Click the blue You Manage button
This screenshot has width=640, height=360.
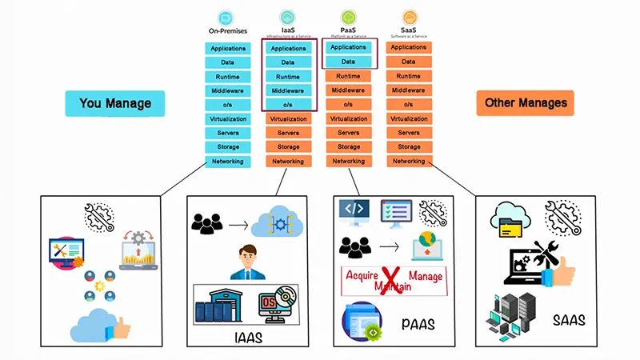[x=114, y=103]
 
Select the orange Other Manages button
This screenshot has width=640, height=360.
[x=526, y=103]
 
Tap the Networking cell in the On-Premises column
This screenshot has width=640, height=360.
[x=228, y=162]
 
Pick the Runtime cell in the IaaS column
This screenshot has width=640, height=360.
[x=288, y=77]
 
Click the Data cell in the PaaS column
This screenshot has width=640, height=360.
[x=349, y=62]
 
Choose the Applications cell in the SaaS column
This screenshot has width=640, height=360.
[x=409, y=48]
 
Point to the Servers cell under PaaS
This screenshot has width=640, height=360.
[x=349, y=133]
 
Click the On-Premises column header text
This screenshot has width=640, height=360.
[x=228, y=31]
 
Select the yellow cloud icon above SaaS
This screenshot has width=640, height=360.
[x=409, y=16]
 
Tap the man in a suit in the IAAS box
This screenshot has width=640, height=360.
[x=248, y=263]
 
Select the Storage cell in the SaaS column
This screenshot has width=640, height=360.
[x=409, y=147]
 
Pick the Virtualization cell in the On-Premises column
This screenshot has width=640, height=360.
[x=228, y=118]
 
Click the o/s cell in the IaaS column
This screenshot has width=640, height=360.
[x=288, y=104]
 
